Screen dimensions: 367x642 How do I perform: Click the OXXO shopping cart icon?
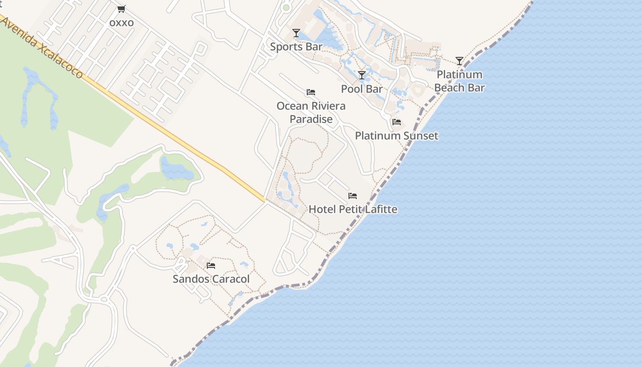122,9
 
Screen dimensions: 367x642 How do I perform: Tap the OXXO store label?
122,22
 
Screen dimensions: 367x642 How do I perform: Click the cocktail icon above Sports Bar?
296,33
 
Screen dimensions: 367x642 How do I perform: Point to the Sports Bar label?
296,46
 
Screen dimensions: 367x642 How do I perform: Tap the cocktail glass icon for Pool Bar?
362,75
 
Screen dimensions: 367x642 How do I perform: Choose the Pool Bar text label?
362,89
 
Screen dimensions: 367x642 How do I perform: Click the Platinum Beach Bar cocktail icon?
459,61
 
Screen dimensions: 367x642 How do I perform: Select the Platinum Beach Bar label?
459,81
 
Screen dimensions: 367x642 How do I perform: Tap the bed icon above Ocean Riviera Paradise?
311,92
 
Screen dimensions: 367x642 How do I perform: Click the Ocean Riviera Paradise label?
311,112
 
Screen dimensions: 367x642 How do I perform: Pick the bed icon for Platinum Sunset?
397,122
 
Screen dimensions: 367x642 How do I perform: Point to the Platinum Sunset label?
397,136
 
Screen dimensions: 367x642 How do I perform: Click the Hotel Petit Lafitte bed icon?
353,196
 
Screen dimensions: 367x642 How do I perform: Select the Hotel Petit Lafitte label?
353,209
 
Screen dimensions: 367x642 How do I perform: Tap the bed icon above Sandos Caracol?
211,266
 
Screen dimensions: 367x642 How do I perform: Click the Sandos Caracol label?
211,279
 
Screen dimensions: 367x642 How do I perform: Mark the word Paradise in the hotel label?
311,119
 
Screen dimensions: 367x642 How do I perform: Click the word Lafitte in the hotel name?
379,209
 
